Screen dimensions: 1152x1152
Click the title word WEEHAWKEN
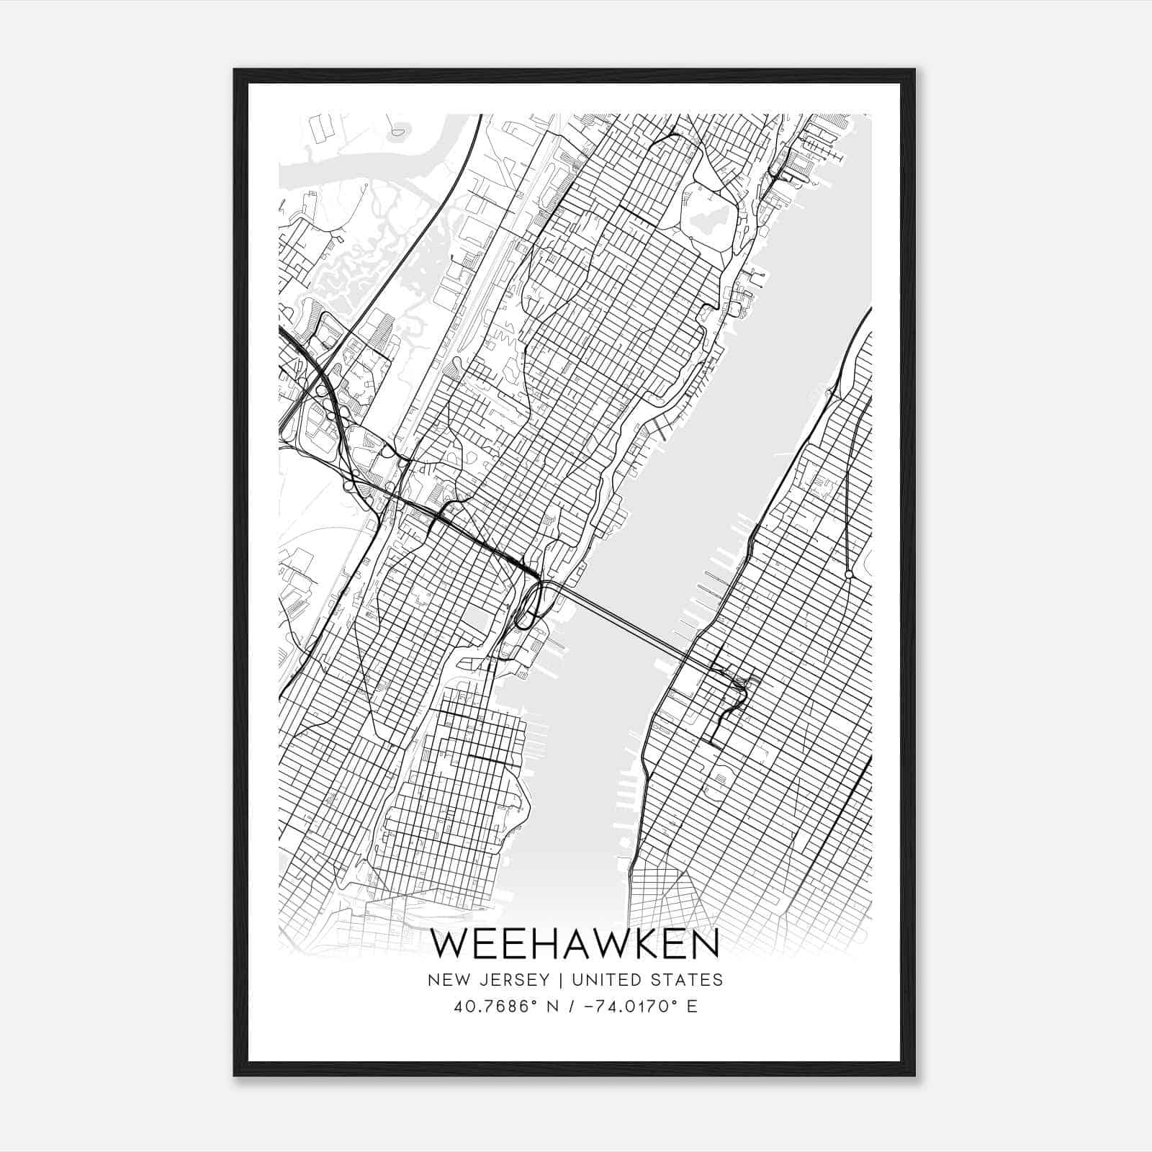click(x=576, y=944)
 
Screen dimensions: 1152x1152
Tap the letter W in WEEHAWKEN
click(x=451, y=944)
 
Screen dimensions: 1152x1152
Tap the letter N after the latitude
click(x=531, y=1007)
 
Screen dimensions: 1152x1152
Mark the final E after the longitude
click(x=692, y=1007)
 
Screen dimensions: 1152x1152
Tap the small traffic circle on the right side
click(x=849, y=574)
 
